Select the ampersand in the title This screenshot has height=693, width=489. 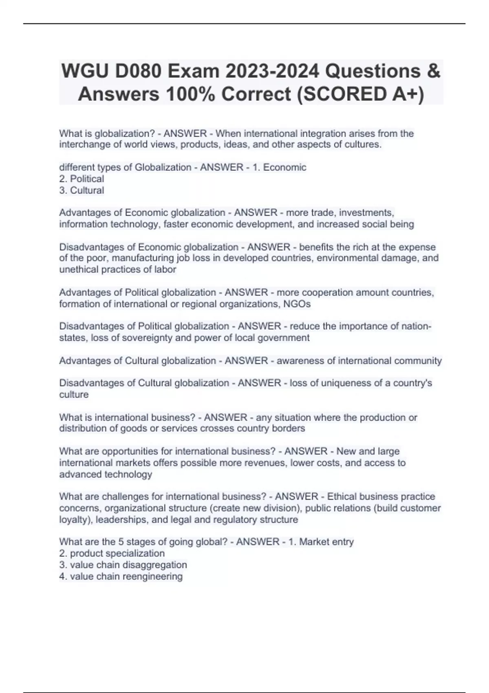pyautogui.click(x=434, y=71)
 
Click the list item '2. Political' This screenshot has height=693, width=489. pyautogui.click(x=81, y=179)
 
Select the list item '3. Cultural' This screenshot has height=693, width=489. pyautogui.click(x=81, y=190)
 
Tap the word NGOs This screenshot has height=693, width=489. pyautogui.click(x=298, y=304)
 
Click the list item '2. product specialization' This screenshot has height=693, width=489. pyautogui.click(x=112, y=554)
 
